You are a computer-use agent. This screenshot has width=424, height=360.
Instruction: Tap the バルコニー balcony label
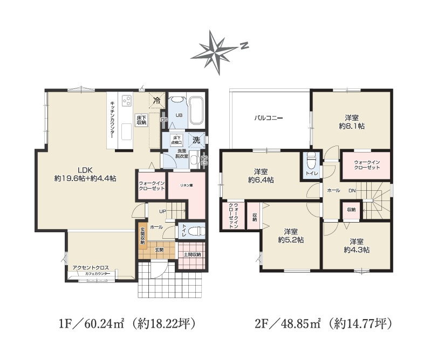click(x=269, y=117)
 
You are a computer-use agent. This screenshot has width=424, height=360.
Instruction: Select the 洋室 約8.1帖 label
click(x=351, y=121)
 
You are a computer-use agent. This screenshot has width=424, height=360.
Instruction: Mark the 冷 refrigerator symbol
click(x=156, y=100)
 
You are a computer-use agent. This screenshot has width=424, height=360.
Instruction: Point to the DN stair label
click(x=352, y=191)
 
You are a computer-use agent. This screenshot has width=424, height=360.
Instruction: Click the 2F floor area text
click(x=323, y=324)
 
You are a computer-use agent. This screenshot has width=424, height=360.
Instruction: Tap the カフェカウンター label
click(x=97, y=274)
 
